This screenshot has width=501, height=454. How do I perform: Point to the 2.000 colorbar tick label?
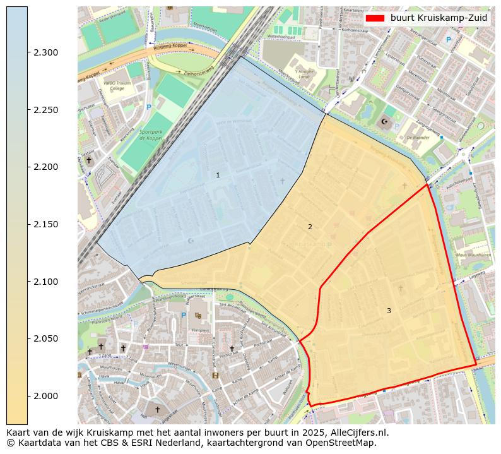(x=46, y=396)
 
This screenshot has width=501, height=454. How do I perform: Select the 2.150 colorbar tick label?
(x=46, y=224)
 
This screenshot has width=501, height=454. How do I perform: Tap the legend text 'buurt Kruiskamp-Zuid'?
(x=439, y=18)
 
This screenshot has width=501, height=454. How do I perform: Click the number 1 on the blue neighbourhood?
(x=218, y=175)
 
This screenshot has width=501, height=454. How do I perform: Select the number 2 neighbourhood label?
(x=310, y=227)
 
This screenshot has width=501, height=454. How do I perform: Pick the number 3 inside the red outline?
(x=389, y=311)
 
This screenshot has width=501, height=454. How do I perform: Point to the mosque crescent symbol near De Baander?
(x=385, y=122)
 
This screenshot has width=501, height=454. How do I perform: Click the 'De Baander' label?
(x=418, y=137)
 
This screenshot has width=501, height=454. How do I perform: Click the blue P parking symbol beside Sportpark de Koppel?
(x=149, y=107)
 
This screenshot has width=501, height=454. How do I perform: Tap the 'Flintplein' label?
(x=200, y=330)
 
